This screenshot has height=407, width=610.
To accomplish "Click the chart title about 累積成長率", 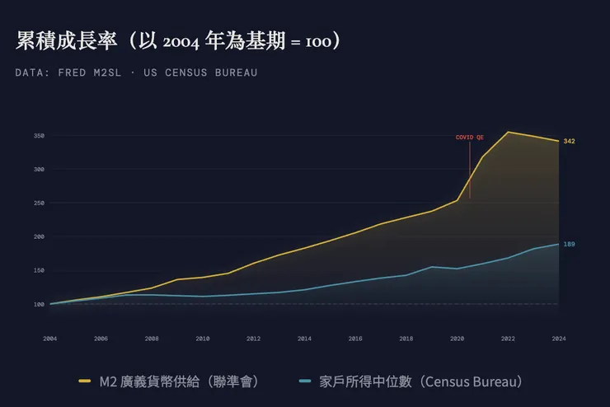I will point(178,41).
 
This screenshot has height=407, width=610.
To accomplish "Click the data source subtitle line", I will point(136,73).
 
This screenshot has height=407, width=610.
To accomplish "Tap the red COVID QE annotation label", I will point(470,138).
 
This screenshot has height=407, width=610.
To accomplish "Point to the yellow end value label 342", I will point(569,142).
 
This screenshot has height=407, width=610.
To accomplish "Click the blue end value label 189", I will point(569,245).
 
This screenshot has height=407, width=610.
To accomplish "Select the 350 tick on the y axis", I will point(38,136).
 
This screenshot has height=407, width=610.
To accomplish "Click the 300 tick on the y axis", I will point(38,170).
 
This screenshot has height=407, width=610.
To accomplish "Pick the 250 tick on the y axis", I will point(38,203).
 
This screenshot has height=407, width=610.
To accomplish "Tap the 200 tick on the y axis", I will point(38,237).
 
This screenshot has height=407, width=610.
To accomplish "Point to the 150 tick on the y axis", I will point(38,271).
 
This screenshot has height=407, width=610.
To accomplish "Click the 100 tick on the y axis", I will point(38,305).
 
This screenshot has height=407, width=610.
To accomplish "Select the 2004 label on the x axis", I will point(50,339).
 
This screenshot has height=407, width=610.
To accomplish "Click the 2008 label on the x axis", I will point(152,339).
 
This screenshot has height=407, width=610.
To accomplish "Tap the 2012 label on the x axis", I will point(253,339).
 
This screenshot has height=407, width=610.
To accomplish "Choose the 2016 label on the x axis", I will point(355,339).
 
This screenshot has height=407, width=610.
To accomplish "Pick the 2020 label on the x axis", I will point(457,339).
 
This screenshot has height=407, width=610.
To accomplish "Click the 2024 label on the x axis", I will point(558,339).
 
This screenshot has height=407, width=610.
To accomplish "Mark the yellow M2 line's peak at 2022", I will point(508,132).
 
